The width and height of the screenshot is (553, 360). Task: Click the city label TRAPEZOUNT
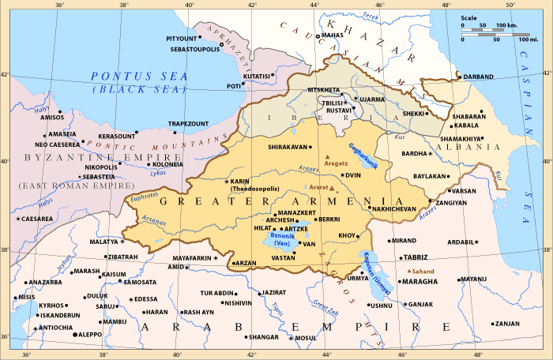point(188,123)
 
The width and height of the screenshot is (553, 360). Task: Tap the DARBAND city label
point(477,77)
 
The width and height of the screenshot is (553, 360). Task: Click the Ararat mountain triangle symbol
point(333,189)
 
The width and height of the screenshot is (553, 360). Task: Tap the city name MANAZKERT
point(299,213)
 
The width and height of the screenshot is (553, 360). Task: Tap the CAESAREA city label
point(37,219)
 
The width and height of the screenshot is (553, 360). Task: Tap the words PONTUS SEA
point(139,77)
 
